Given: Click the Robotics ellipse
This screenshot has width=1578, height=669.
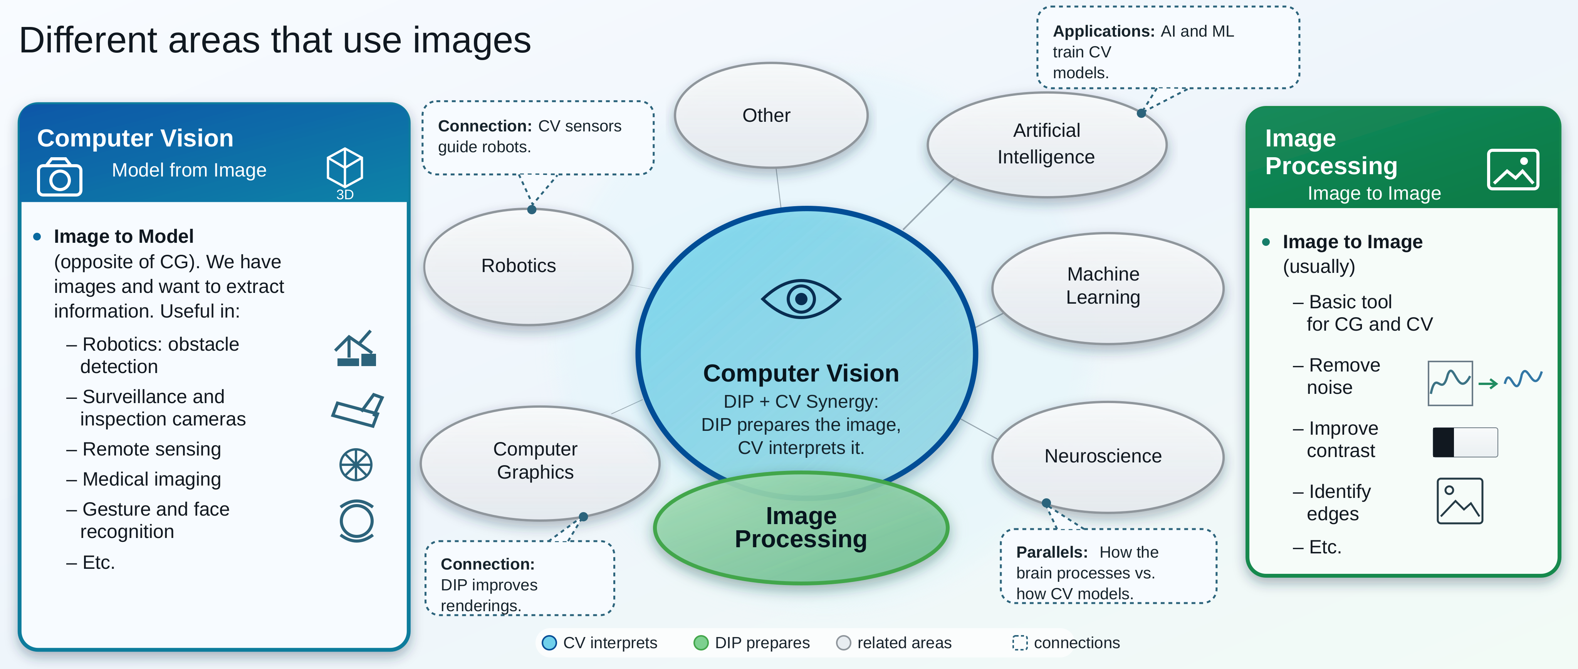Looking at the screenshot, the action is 528,267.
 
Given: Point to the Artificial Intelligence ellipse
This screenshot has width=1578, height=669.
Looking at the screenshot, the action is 1046,145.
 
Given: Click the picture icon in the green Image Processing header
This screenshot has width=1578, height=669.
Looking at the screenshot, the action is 1513,170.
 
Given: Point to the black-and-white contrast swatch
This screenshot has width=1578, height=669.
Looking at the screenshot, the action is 1465,442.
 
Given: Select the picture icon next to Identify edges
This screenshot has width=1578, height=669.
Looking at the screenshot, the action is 1460,501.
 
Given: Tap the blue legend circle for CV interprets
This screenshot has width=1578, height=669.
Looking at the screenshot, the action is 549,643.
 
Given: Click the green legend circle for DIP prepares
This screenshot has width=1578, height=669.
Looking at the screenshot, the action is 701,643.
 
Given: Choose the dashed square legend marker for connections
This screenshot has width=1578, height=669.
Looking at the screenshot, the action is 1020,643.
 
